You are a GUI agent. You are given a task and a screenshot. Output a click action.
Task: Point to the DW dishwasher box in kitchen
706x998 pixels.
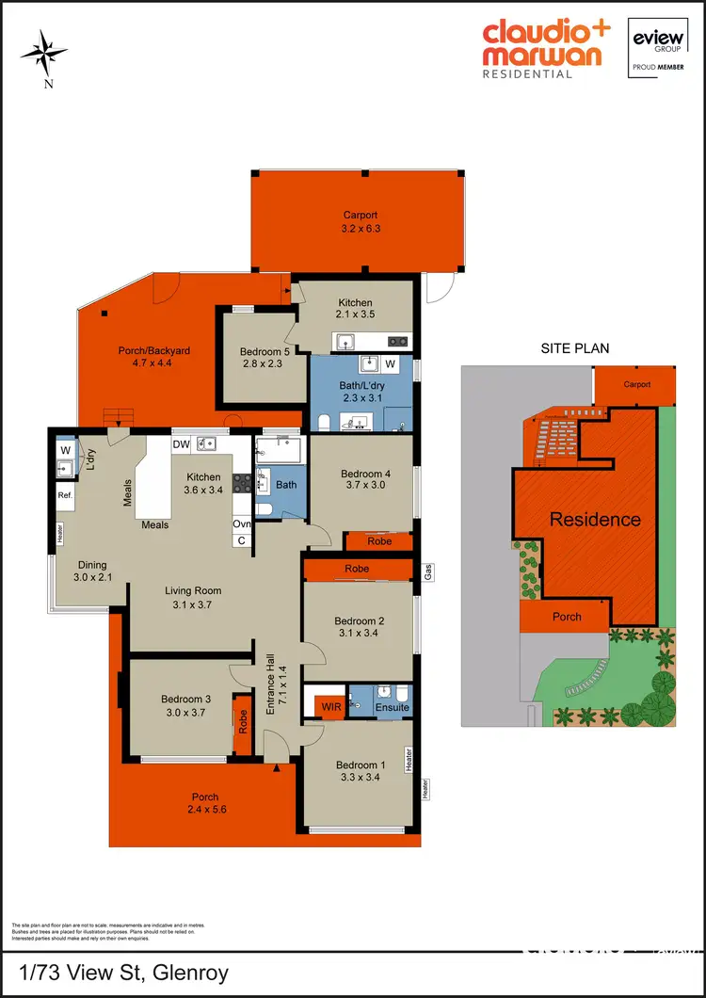[181, 443]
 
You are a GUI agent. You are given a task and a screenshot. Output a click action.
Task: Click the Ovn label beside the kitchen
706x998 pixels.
[242, 524]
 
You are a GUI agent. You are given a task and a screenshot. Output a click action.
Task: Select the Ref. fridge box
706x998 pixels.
[65, 495]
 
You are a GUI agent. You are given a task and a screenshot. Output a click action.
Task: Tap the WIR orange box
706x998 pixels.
[330, 705]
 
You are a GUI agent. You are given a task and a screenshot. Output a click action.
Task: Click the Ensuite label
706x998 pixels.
[393, 707]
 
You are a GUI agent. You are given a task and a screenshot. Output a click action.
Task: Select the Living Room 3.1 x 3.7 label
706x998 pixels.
[193, 598]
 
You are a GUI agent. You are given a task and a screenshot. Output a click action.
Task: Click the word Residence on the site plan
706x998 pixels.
[595, 519]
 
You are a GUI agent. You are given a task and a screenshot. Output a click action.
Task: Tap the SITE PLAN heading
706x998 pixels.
[573, 347]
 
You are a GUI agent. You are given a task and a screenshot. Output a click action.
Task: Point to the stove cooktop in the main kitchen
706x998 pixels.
[242, 483]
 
